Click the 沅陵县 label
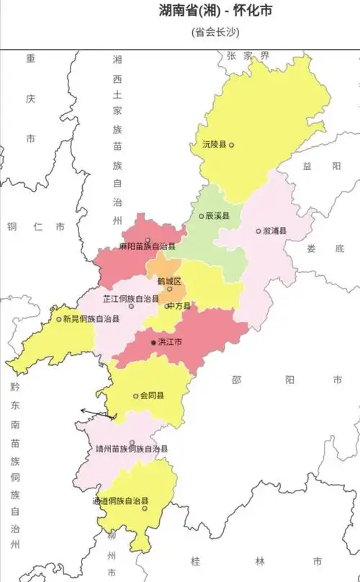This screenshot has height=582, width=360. (214, 145)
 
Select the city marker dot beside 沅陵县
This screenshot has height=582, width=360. (231, 145)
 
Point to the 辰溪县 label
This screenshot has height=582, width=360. (217, 216)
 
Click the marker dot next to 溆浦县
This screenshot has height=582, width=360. (258, 231)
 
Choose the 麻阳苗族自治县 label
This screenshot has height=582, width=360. (148, 246)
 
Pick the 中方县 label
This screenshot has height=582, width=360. (179, 306)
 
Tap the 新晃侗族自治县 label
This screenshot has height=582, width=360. (91, 318)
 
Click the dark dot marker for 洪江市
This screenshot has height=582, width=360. (153, 342)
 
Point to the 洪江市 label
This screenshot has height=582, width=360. (170, 342)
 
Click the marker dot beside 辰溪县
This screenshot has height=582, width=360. (201, 216)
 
